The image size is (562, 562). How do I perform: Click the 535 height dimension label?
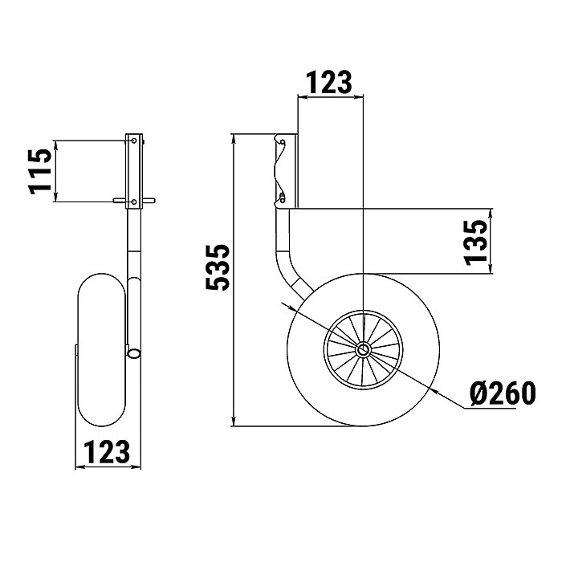click(x=218, y=267)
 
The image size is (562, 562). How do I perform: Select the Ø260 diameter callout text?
click(x=503, y=393)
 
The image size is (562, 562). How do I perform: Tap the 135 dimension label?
click(x=476, y=242)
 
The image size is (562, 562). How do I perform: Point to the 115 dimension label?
click(x=40, y=171)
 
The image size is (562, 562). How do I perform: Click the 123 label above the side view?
click(x=328, y=83)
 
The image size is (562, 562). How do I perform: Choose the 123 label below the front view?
click(x=107, y=452)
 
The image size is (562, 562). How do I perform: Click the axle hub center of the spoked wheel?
click(x=363, y=349)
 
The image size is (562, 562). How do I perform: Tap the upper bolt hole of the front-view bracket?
click(x=134, y=140)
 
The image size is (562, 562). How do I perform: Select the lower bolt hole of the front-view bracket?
click(x=134, y=202)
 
